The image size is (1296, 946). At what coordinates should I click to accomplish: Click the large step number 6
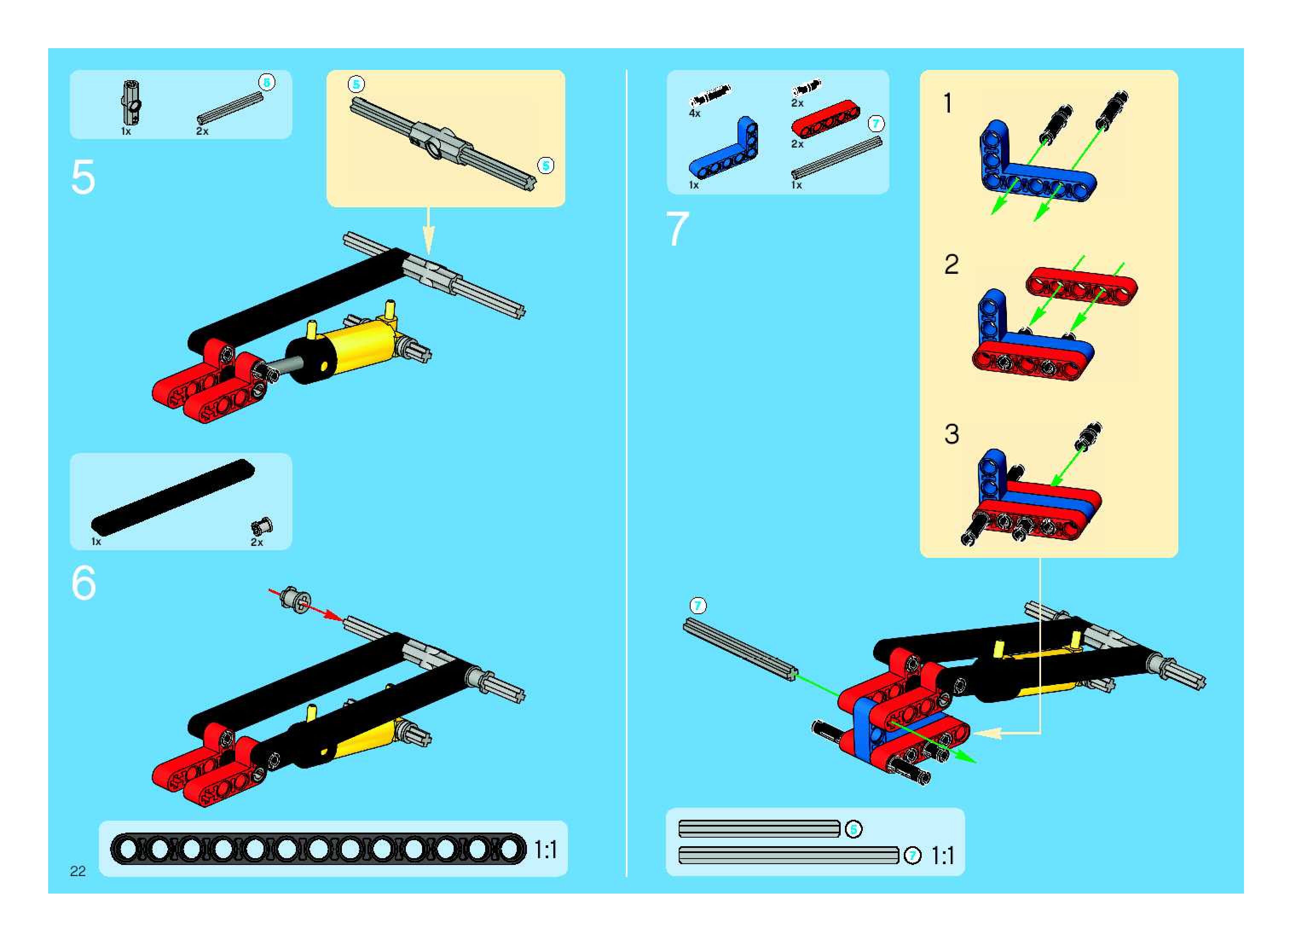[x=84, y=583]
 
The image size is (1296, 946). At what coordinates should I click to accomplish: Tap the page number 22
[x=78, y=871]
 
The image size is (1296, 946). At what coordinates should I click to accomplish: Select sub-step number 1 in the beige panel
[x=948, y=104]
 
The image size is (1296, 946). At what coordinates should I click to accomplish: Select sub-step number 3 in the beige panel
[x=952, y=434]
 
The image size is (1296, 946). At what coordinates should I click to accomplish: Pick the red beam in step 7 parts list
[x=825, y=119]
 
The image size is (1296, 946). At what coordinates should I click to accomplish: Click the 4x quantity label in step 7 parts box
[x=694, y=114]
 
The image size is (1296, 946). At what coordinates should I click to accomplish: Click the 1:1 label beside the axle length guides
[x=942, y=856]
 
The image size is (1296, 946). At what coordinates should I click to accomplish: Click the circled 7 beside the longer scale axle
[x=912, y=856]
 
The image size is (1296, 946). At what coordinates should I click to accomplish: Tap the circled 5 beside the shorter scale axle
[x=853, y=829]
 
